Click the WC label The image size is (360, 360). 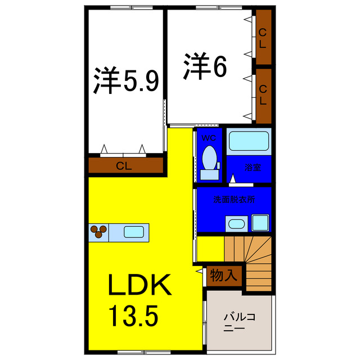(x=209, y=137)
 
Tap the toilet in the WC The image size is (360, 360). (x=209, y=159)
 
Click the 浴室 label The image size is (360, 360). (x=251, y=167)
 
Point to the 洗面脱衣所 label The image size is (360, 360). (x=234, y=200)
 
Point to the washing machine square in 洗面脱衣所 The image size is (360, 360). (x=259, y=223)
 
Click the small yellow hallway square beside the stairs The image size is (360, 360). (x=210, y=248)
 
